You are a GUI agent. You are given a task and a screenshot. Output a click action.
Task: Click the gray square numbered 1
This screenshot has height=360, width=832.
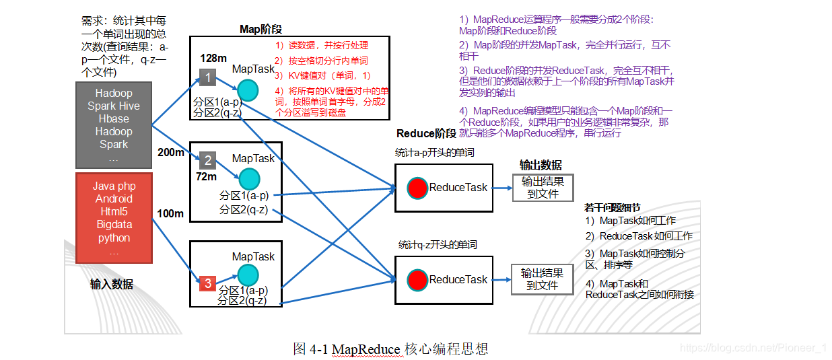pyautogui.click(x=208, y=78)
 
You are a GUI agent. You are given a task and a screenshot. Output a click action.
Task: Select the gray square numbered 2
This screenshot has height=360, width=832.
pyautogui.click(x=208, y=160)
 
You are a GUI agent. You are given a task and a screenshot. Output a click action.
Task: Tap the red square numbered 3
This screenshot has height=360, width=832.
pyautogui.click(x=208, y=283)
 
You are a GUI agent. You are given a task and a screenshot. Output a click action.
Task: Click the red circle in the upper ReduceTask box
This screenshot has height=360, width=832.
pyautogui.click(x=417, y=188)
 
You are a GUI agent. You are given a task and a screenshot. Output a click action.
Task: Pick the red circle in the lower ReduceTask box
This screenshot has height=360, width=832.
pyautogui.click(x=417, y=279)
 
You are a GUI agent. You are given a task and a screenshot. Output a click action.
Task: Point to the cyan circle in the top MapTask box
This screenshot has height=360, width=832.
pyautogui.click(x=247, y=89)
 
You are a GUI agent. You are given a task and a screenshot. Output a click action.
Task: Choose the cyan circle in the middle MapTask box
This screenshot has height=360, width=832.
pyautogui.click(x=248, y=178)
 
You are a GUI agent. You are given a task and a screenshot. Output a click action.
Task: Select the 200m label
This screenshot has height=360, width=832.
pyautogui.click(x=170, y=152)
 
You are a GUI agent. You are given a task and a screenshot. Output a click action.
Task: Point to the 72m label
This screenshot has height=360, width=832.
pyautogui.click(x=206, y=177)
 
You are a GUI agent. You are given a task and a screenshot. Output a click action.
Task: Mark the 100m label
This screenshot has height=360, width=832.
pyautogui.click(x=170, y=214)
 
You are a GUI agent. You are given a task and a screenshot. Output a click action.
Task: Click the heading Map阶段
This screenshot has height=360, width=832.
pyautogui.click(x=261, y=29)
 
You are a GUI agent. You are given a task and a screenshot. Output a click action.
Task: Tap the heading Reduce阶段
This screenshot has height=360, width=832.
pyautogui.click(x=426, y=134)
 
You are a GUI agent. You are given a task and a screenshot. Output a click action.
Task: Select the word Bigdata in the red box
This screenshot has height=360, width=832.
pyautogui.click(x=114, y=225)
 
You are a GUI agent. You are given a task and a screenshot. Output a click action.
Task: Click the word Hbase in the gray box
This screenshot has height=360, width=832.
pyautogui.click(x=114, y=118)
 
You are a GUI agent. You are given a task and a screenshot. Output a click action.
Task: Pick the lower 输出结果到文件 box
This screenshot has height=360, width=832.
pyautogui.click(x=543, y=279)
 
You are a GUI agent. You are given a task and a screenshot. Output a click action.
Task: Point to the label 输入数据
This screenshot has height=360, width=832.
pyautogui.click(x=112, y=284)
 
